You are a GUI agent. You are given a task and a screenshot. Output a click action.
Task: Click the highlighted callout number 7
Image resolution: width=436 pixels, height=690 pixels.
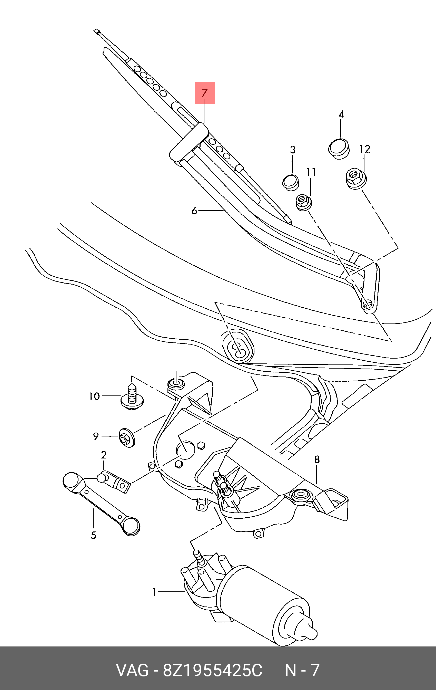[204, 93]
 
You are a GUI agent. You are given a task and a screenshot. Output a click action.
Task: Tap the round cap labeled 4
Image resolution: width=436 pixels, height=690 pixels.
[339, 149]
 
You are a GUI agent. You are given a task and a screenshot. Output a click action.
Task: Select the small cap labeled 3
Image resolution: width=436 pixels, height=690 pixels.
[291, 182]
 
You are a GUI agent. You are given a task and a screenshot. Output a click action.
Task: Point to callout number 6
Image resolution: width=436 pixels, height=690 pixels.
[194, 211]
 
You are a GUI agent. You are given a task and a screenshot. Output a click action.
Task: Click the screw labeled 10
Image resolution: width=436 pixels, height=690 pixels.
[132, 398]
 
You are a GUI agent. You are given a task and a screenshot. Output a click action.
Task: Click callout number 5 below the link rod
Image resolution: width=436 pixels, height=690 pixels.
[94, 535]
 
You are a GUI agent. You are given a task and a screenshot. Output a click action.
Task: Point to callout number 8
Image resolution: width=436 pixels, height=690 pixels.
[317, 459]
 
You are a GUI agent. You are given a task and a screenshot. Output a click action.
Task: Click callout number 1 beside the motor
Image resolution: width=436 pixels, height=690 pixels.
[155, 591]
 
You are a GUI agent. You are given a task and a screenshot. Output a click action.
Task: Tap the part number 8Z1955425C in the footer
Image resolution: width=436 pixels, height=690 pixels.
[213, 670]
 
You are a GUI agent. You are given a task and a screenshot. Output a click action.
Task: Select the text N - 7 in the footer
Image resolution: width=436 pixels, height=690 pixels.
[302, 670]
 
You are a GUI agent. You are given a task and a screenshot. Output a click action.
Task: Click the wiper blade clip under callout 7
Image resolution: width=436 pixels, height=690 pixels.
[189, 141]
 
